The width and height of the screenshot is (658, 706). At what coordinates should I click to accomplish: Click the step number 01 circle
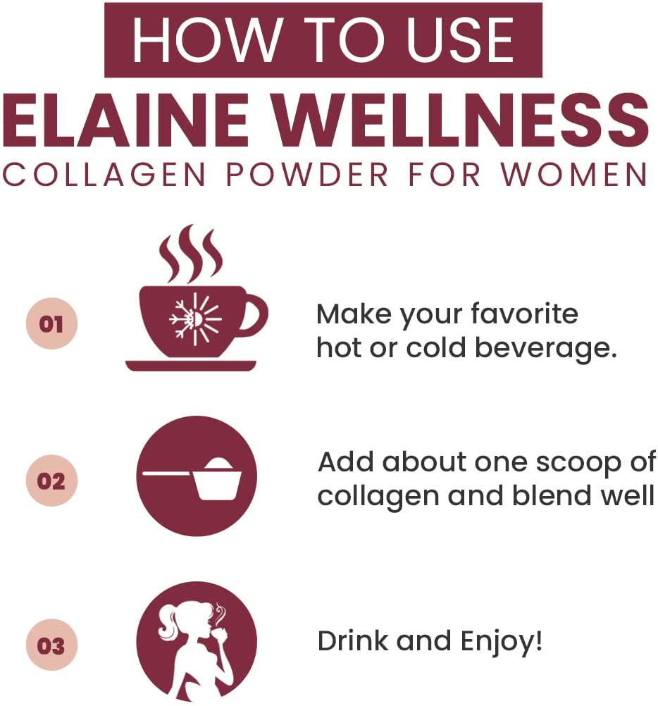tap(51, 324)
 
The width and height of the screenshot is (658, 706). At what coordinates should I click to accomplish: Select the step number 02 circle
tap(51, 482)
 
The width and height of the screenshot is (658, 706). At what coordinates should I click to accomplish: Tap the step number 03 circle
tap(51, 645)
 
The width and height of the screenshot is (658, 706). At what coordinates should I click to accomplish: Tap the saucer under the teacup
tap(190, 365)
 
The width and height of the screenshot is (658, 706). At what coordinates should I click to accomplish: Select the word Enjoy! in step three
tap(502, 643)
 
